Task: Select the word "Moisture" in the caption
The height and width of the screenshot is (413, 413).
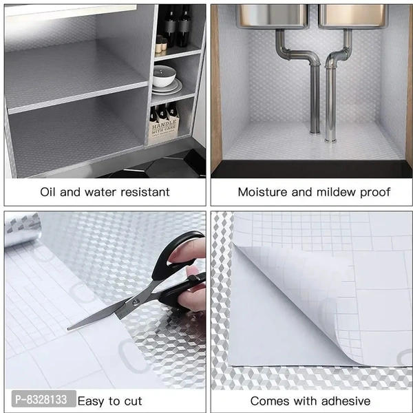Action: pyautogui.click(x=264, y=192)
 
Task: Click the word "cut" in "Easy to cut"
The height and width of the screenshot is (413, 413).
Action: pyautogui.click(x=133, y=401)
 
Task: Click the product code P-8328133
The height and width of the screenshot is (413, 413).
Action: pyautogui.click(x=39, y=400)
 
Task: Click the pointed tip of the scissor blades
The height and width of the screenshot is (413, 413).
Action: pyautogui.click(x=70, y=328)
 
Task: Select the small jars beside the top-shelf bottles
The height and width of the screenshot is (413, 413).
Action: pyautogui.click(x=160, y=45)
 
